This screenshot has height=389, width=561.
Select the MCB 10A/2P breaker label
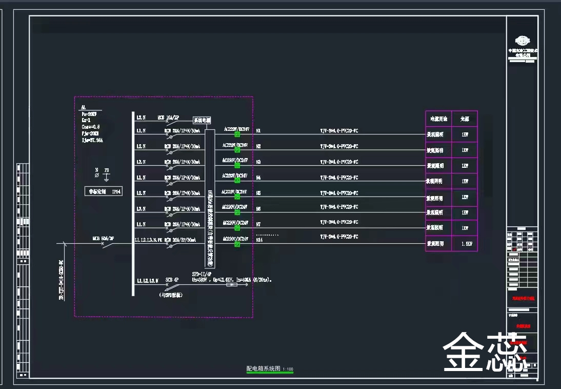171,118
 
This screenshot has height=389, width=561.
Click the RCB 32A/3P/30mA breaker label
180,240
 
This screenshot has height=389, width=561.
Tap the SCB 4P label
171,280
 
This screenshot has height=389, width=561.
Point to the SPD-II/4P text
202,274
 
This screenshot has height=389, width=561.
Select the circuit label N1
258,131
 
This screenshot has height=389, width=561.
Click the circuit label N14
259,240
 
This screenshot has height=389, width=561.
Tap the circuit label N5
258,193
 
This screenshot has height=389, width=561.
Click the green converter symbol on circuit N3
237,165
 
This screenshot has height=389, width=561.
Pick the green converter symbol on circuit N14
237,244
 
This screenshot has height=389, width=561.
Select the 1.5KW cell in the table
465,244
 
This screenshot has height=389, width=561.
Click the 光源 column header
465,119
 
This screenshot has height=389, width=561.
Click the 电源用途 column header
438,119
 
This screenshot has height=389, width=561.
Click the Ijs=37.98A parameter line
92,140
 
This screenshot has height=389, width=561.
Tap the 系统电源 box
202,120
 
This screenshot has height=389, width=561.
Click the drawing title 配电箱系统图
264,368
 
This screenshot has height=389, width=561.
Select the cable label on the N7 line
339,222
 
